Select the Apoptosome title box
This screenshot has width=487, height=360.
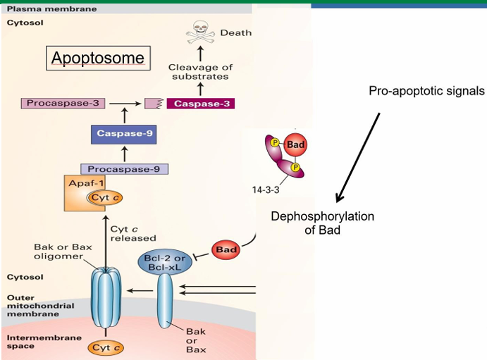[97, 58]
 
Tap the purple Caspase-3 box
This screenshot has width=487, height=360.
[200, 104]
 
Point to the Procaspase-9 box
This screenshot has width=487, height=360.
[125, 168]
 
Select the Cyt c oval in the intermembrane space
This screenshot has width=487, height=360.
[107, 347]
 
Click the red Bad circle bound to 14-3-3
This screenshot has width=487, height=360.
[295, 144]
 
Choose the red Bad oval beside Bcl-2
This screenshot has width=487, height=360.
[228, 249]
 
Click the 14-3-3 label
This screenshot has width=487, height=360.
[265, 190]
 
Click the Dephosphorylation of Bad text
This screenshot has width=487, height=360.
[322, 223]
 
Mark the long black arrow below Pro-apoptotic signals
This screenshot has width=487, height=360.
[359, 156]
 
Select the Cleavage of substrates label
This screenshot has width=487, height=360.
[199, 71]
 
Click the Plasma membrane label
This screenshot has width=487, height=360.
[42, 9]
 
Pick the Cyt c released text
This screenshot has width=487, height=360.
[134, 233]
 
